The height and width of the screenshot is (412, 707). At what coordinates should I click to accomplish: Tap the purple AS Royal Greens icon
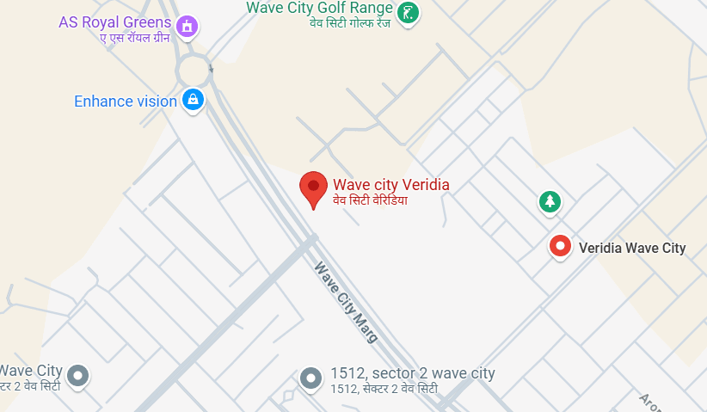[186, 26]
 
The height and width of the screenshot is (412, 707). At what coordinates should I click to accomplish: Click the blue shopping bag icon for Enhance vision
[194, 99]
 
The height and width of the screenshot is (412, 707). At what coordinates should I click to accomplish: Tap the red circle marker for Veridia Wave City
[561, 248]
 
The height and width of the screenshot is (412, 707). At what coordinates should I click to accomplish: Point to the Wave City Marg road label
[346, 302]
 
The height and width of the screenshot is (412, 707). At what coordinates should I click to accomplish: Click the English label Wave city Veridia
[391, 184]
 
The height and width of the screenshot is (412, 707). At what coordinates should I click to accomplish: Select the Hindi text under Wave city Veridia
[370, 200]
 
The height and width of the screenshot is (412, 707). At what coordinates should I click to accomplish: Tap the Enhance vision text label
[126, 101]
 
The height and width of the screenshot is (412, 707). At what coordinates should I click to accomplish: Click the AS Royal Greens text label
[115, 22]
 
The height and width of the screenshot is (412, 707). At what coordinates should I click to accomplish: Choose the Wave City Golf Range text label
[320, 8]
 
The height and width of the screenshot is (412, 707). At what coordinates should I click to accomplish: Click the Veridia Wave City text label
[632, 249]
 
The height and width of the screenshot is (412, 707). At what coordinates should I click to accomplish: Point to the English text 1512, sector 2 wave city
[413, 373]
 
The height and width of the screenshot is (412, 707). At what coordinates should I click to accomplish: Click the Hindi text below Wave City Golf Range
[351, 23]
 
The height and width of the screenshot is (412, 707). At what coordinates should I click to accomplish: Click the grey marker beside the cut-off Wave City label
[78, 375]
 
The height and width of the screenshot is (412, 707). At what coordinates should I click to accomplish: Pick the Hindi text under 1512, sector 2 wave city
[384, 389]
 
